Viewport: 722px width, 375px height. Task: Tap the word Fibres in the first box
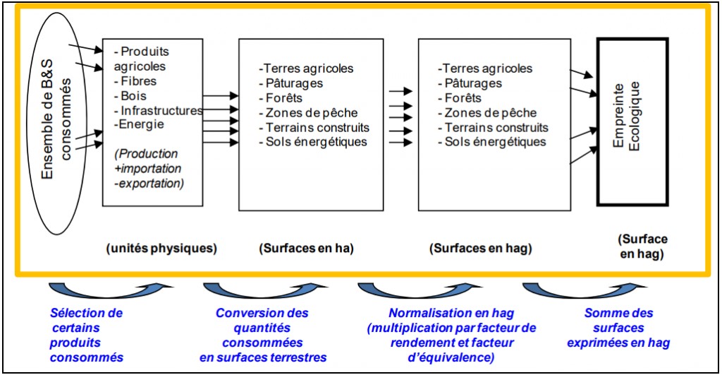tap(139, 81)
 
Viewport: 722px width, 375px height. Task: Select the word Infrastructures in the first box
tap(161, 111)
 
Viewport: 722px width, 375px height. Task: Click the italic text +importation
tap(148, 168)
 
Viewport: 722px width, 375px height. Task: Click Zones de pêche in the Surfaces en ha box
tap(311, 113)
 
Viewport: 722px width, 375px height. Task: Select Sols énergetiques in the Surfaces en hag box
tap(495, 142)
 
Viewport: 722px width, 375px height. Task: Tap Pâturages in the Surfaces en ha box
tap(294, 83)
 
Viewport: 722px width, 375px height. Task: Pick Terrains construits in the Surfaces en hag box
tap(496, 127)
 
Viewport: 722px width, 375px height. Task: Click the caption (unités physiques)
tap(161, 249)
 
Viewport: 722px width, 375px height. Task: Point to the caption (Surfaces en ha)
tap(307, 249)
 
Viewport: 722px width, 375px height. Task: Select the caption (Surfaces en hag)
tap(481, 249)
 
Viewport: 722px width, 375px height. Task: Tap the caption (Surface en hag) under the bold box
tap(642, 246)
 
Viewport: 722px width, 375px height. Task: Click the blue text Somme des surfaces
tap(618, 321)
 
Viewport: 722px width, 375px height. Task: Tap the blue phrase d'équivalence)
tap(451, 357)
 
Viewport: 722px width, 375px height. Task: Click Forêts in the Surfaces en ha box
tap(283, 98)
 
